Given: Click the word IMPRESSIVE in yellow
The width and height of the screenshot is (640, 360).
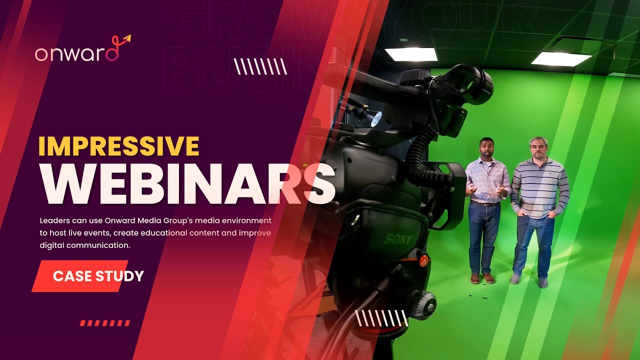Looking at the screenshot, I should (118, 146).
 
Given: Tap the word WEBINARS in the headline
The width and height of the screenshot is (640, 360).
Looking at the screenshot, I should (187, 183).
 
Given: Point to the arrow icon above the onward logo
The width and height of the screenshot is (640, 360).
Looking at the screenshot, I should (125, 38).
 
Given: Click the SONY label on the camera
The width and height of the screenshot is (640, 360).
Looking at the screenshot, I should (398, 239).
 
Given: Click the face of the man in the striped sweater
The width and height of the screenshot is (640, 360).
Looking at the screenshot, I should (538, 148).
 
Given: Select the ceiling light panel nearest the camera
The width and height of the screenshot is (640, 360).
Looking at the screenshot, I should (411, 54).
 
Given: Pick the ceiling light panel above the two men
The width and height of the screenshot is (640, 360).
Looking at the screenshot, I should (561, 58).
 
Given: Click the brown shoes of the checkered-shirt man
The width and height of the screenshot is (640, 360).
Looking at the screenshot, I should (482, 278).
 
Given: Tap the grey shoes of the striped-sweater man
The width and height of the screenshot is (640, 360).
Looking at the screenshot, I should (528, 280).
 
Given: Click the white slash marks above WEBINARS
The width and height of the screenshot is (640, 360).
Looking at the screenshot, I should (260, 66).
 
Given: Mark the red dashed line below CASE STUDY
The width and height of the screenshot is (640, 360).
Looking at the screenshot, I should (104, 323).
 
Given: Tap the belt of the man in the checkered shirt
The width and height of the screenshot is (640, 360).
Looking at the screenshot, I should (484, 203).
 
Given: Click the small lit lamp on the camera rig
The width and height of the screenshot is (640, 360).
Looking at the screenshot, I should (375, 118).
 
